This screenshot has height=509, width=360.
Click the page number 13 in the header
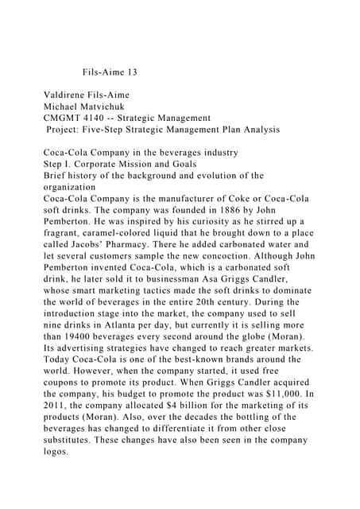tap(130, 72)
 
